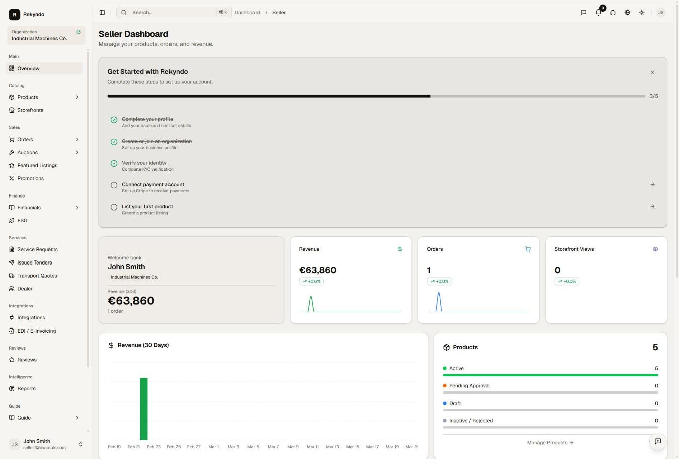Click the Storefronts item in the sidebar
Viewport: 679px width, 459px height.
coord(30,110)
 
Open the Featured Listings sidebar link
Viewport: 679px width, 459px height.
coord(37,165)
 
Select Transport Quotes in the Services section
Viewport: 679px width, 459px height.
coord(37,276)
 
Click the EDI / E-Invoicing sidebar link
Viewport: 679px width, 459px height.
coord(36,331)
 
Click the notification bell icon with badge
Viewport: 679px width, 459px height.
coord(598,12)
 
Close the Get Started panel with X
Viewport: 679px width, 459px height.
coord(652,72)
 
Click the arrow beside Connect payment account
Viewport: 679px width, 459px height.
coord(652,184)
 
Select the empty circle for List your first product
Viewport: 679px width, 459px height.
coord(114,207)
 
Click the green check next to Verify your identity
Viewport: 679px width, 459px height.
coord(114,163)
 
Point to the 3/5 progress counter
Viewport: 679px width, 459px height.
coord(653,96)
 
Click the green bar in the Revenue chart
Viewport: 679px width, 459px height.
coord(144,409)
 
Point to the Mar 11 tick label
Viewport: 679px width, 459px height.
coord(313,447)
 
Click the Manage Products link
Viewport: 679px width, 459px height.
coord(550,442)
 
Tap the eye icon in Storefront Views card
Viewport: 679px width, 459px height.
coord(655,249)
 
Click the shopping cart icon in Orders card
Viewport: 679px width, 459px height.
coord(528,249)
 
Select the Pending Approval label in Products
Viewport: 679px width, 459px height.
coord(469,386)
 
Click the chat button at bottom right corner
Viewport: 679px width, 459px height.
coord(658,441)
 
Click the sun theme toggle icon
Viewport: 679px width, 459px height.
coord(642,12)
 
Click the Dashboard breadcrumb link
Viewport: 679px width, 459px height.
coord(247,12)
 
